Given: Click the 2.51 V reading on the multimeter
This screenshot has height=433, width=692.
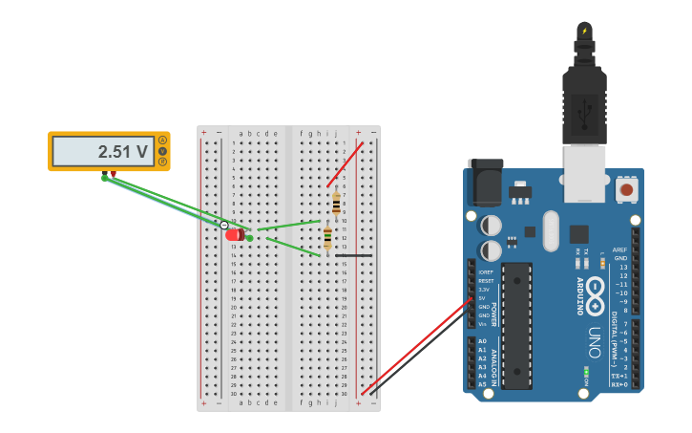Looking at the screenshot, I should [x=124, y=151].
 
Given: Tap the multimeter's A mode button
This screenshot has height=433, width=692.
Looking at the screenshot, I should [x=162, y=140].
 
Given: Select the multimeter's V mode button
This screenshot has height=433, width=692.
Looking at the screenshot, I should [x=162, y=151].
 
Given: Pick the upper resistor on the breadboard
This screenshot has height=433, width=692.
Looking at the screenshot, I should [x=336, y=204].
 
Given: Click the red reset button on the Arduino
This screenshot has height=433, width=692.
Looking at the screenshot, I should [x=626, y=189].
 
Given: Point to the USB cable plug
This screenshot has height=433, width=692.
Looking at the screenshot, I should [x=584, y=105].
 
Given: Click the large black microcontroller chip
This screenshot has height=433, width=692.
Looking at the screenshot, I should [x=516, y=325].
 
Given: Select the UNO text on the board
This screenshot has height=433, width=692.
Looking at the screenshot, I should [x=593, y=343].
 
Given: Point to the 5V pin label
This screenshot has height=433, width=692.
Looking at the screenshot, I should [x=484, y=298].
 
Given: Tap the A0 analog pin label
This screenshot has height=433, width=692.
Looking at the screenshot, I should [x=482, y=341].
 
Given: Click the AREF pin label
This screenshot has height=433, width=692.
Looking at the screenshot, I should [x=620, y=249].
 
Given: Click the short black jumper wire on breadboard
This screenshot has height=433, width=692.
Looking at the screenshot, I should [x=353, y=255].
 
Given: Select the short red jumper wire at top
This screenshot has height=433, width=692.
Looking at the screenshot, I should [x=345, y=164].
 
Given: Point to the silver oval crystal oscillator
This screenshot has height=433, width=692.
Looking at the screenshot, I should [x=550, y=230].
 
